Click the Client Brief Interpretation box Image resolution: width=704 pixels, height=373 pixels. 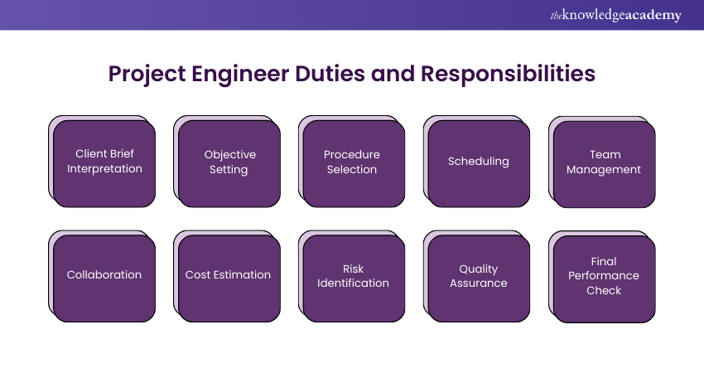coord(104,162)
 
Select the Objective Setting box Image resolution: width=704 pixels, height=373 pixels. coord(229,162)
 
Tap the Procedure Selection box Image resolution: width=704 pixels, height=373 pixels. coord(354,162)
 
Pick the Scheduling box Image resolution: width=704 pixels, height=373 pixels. coord(479,162)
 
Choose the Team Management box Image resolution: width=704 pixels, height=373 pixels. coord(605,162)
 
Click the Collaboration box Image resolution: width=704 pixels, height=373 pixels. coord(104,276)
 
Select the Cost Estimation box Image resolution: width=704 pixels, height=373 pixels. coord(229,276)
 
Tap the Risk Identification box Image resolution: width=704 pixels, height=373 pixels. coord(354,276)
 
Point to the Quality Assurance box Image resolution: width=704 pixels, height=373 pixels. coord(479,276)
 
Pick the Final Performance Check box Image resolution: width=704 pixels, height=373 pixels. coord(605,276)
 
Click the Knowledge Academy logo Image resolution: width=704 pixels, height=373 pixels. coord(615,15)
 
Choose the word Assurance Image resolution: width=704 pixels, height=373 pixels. coord(479,283)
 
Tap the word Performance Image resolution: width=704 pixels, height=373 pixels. coord(604,276)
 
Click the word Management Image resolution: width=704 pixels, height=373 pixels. coord(605,170)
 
